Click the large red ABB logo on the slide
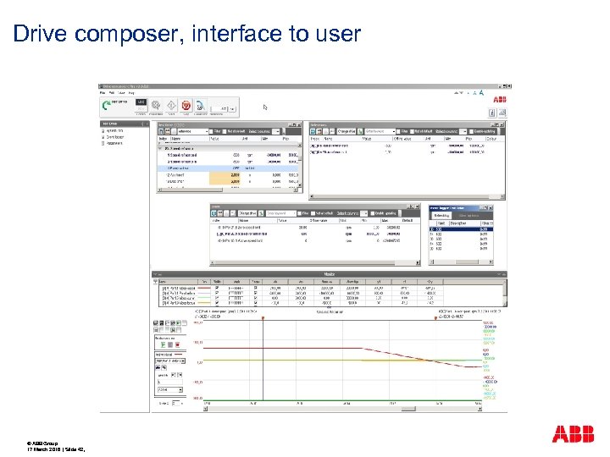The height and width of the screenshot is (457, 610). [573, 435]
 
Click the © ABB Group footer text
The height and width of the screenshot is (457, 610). [45, 443]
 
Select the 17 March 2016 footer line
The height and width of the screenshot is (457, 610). [51, 449]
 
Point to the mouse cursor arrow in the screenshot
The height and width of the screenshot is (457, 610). [264, 107]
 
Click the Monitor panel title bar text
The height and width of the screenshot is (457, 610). [329, 274]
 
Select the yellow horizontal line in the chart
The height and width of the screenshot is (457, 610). [339, 362]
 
